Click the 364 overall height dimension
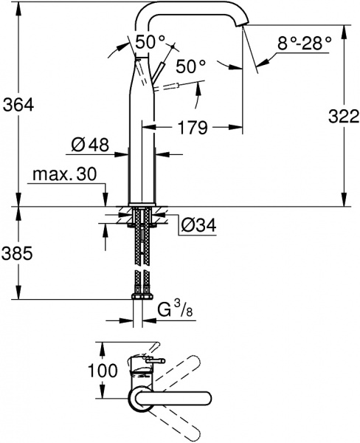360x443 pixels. coord(18,106)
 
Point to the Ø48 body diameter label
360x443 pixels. coord(91,146)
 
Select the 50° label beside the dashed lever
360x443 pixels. coord(190,66)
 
